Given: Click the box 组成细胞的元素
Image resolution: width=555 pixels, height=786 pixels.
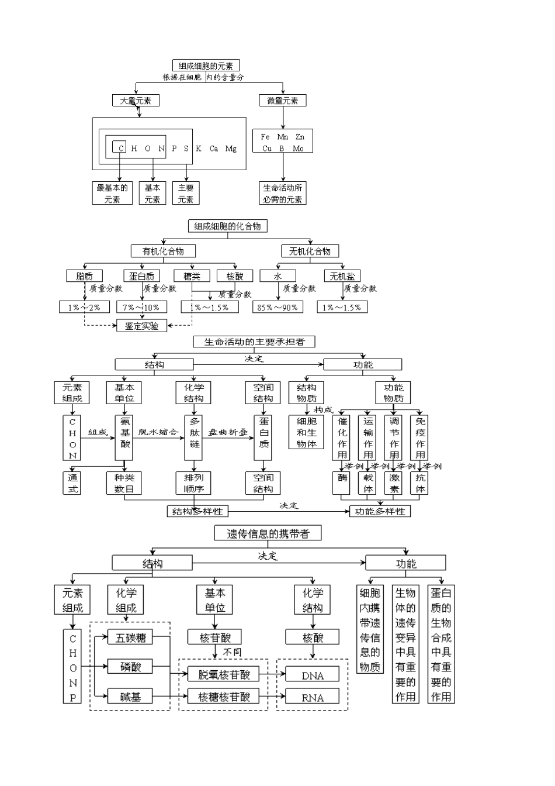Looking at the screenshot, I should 206,65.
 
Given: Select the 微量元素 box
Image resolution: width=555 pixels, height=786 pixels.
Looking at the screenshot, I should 283,101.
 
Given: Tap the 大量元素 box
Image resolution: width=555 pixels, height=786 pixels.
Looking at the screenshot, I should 136,101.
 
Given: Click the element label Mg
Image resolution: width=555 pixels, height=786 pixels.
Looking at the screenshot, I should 231,149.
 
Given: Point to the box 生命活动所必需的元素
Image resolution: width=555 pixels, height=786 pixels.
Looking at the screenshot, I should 283,194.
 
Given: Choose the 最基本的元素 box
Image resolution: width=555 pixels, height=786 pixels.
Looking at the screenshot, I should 112,194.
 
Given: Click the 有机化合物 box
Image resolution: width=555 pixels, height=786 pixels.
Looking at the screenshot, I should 163,251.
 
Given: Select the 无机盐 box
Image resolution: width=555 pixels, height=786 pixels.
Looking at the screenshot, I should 342,276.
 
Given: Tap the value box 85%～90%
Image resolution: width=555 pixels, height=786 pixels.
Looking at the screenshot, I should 277,307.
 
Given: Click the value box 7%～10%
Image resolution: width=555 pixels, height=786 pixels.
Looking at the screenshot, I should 141,307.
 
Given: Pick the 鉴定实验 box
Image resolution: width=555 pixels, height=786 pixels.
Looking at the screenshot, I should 141,326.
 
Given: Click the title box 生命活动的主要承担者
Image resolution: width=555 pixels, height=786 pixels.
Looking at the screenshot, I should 254,342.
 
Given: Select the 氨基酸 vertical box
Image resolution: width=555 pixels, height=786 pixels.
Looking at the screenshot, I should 125,438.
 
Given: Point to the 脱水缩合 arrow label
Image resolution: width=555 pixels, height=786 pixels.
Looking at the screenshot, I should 158,432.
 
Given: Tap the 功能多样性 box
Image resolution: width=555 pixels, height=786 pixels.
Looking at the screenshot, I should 380,511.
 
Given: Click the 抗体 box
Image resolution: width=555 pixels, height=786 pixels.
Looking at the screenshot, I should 421,484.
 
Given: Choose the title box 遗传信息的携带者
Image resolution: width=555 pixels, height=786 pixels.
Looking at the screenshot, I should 268,533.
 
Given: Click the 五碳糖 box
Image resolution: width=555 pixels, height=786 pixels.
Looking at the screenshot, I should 130,637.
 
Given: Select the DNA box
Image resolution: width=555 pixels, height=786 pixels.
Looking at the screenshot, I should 313,675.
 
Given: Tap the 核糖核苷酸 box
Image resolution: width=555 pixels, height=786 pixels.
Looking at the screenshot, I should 224,697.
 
